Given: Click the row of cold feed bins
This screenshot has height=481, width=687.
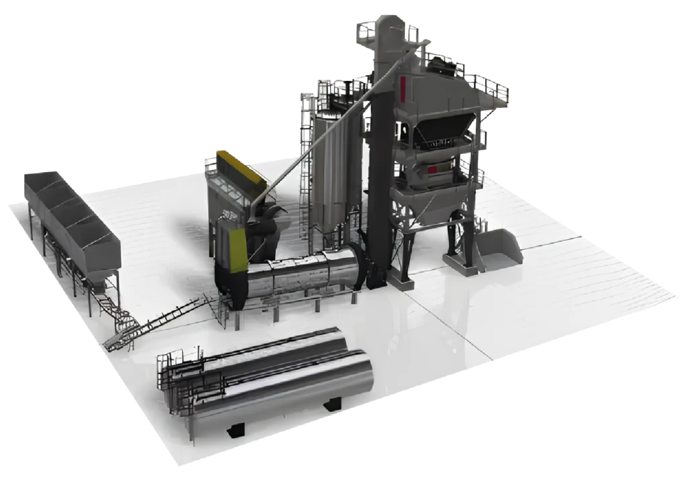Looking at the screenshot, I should pyautogui.click(x=70, y=214).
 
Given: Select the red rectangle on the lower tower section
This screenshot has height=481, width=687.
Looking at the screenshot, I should pyautogui.click(x=433, y=170).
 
